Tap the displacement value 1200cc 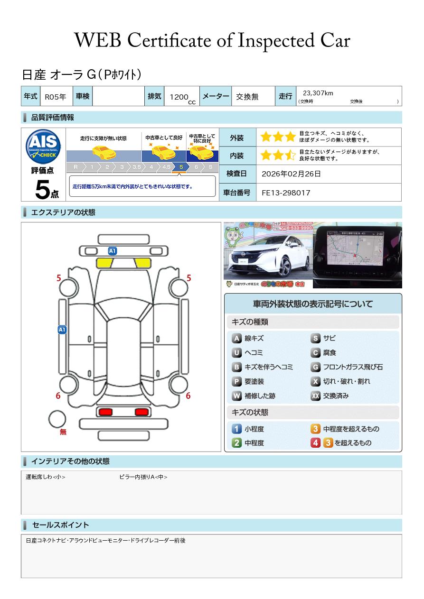[x=180, y=97]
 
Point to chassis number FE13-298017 [x=286, y=193]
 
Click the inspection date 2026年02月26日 [x=291, y=174]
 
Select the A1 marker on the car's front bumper [x=113, y=250]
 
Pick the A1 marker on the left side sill [x=62, y=329]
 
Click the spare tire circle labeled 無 [x=57, y=419]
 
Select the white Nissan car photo [x=268, y=255]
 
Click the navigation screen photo [x=358, y=255]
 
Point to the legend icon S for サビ [x=315, y=339]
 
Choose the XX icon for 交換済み [x=315, y=396]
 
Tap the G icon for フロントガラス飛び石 [x=315, y=367]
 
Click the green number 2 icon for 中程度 [x=236, y=443]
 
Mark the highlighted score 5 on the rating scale [x=181, y=167]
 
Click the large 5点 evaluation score [x=46, y=190]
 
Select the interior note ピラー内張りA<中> [x=143, y=477]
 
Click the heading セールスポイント [x=60, y=525]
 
